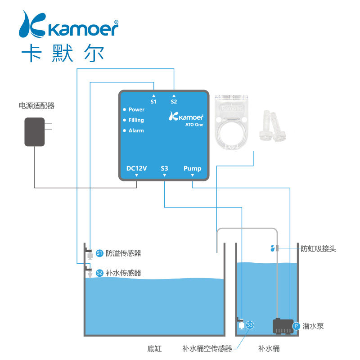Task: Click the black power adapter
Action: click(x=35, y=132)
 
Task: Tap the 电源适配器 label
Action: click(x=36, y=106)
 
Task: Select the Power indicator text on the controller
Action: click(x=136, y=109)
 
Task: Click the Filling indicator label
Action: click(x=136, y=120)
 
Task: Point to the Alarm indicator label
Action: click(x=136, y=130)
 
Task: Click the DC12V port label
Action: click(x=137, y=169)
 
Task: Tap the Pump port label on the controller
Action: click(x=193, y=169)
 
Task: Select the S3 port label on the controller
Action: click(x=164, y=169)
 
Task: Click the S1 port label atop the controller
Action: click(x=153, y=102)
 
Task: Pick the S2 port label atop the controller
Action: click(x=174, y=102)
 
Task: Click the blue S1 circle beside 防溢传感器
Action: click(x=100, y=253)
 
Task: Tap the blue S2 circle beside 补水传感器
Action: click(x=100, y=273)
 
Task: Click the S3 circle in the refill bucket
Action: click(x=250, y=324)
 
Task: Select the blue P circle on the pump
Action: click(x=296, y=326)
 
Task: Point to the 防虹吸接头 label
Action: click(x=318, y=248)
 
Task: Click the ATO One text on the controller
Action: click(x=194, y=125)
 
